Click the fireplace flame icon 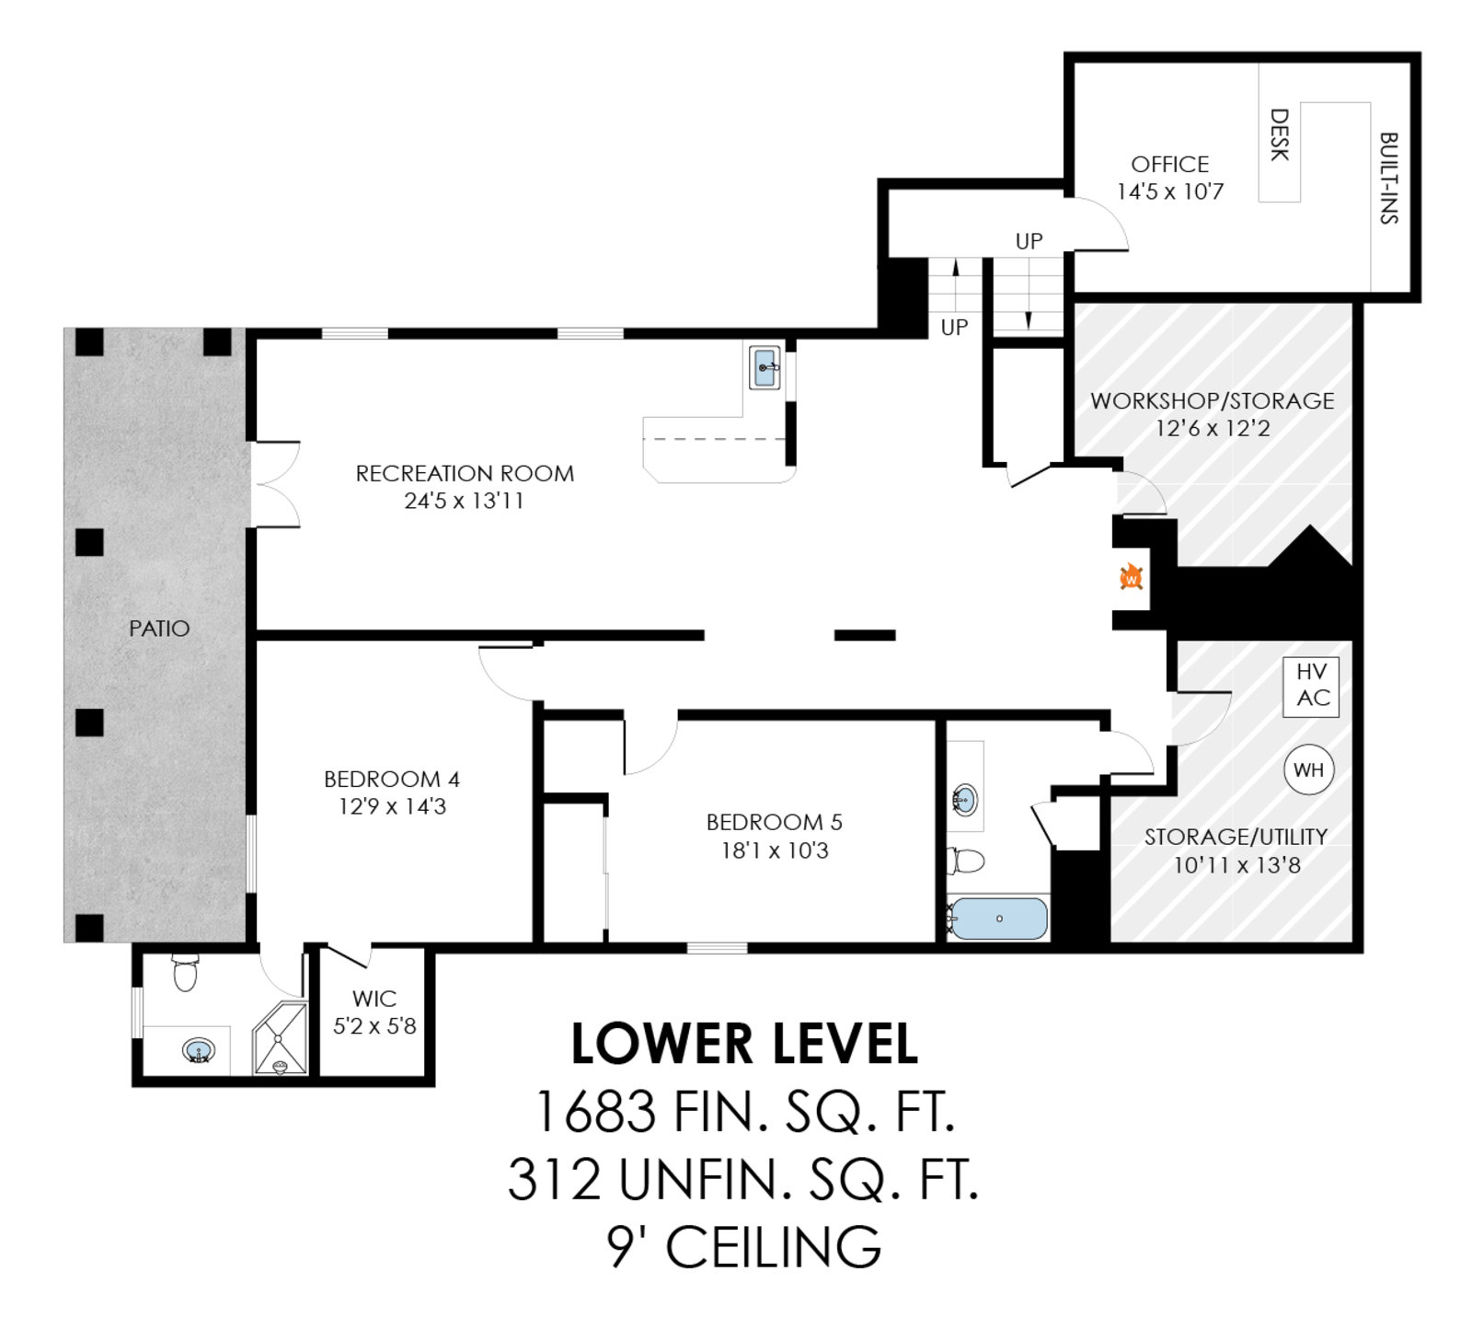pyautogui.click(x=1131, y=577)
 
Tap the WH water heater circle pyautogui.click(x=1308, y=769)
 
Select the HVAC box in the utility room pyautogui.click(x=1312, y=686)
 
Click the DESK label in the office pyautogui.click(x=1279, y=134)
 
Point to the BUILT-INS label pyautogui.click(x=1389, y=178)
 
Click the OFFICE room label pyautogui.click(x=1169, y=164)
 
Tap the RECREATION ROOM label pyautogui.click(x=465, y=473)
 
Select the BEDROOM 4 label pyautogui.click(x=392, y=779)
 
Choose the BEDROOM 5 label pyautogui.click(x=775, y=822)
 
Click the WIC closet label pyautogui.click(x=374, y=999)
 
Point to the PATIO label pyautogui.click(x=159, y=629)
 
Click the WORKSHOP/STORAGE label pyautogui.click(x=1213, y=400)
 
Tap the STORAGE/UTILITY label pyautogui.click(x=1236, y=837)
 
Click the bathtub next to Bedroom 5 pyautogui.click(x=998, y=919)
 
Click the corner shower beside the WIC pyautogui.click(x=280, y=1038)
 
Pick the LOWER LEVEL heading pyautogui.click(x=744, y=1044)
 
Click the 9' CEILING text pyautogui.click(x=744, y=1247)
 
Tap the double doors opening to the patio pyautogui.click(x=276, y=484)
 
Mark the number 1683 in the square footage pyautogui.click(x=595, y=1112)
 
